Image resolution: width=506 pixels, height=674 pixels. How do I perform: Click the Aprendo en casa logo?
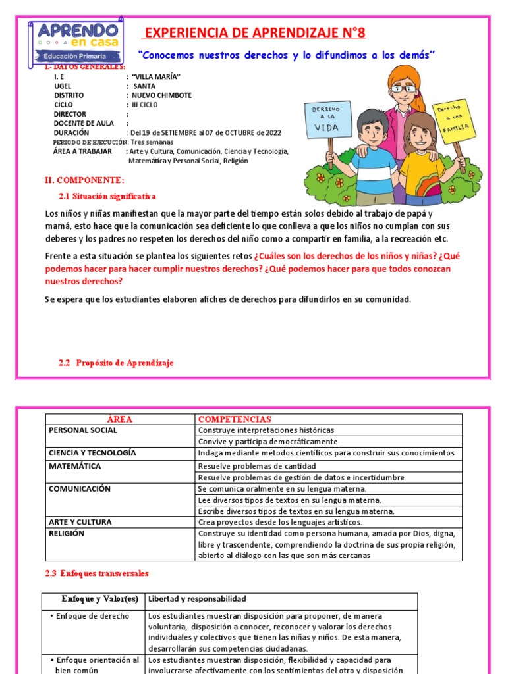click(x=74, y=43)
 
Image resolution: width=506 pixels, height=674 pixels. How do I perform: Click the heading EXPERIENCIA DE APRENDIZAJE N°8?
click(x=254, y=33)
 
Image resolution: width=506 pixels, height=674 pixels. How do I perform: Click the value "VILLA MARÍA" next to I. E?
click(x=156, y=77)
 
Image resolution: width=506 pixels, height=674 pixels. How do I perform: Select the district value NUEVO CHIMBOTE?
click(x=161, y=95)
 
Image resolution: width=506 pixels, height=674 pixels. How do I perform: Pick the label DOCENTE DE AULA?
click(x=84, y=123)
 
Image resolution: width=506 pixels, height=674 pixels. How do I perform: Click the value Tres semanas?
click(x=152, y=142)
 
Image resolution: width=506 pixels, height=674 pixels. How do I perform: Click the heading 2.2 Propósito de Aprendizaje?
click(x=116, y=363)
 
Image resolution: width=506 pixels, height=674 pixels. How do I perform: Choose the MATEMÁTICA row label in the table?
click(x=75, y=466)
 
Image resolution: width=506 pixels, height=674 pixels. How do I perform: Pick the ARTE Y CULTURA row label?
click(x=80, y=522)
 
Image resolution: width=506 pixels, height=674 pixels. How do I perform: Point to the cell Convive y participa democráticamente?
click(x=269, y=441)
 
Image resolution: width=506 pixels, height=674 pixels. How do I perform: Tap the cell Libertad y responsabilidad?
click(x=197, y=599)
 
